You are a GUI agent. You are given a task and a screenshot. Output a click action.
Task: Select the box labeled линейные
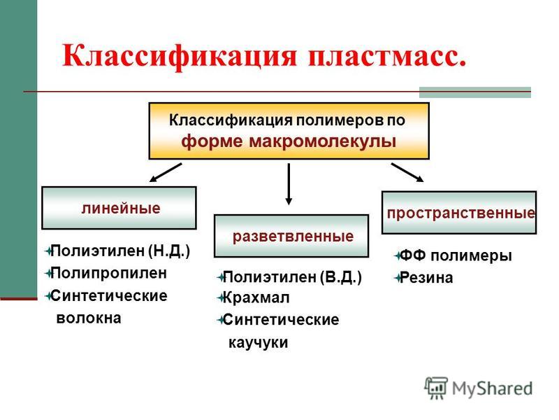point(119,208)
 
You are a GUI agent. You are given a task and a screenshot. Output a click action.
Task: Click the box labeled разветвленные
point(291,236)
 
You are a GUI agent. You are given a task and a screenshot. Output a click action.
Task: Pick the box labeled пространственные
point(459,213)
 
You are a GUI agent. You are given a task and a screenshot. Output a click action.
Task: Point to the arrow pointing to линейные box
point(166,172)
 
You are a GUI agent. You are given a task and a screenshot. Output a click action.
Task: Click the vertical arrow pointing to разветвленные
point(289,184)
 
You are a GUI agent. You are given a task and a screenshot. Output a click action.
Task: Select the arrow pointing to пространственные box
point(407,172)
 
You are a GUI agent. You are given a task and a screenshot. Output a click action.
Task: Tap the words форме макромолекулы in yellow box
point(289,141)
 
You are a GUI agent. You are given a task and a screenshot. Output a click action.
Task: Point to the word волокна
point(89,318)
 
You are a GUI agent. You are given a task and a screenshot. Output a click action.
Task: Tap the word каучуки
point(258,342)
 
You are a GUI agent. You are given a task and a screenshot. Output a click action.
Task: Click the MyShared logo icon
point(435,388)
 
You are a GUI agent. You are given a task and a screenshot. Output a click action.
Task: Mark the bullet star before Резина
point(398,278)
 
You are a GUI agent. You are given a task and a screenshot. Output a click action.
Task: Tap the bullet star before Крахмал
point(221,298)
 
